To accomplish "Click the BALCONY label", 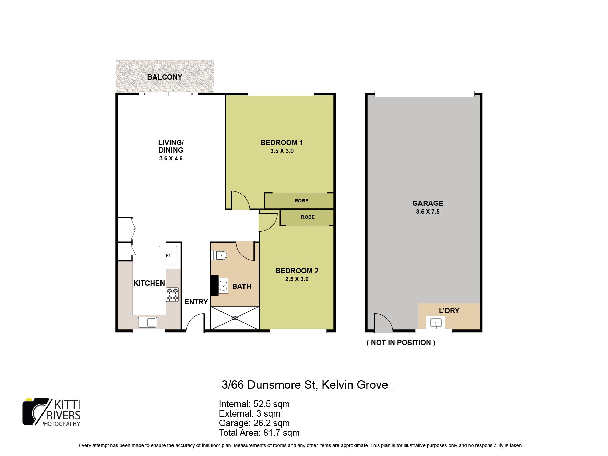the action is [165, 77].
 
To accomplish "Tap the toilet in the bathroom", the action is [219, 255].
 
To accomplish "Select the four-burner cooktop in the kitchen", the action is [172, 295].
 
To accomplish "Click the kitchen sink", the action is [147, 322].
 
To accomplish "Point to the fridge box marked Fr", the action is [168, 255].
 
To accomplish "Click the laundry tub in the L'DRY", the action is [436, 323].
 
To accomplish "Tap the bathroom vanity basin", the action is [224, 285].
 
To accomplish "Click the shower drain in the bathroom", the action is [235, 318].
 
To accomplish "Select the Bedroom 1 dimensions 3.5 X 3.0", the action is [282, 151].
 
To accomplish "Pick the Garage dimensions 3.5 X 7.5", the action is [428, 212].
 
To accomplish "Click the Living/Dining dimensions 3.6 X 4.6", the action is [171, 159].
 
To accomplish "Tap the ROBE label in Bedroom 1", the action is [301, 201].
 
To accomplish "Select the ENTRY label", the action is [196, 302].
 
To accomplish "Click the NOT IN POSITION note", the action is [401, 343].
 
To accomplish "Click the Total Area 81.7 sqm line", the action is [259, 433].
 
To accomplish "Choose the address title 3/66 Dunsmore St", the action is [268, 385].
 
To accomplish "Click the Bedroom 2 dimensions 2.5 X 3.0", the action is [297, 279].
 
